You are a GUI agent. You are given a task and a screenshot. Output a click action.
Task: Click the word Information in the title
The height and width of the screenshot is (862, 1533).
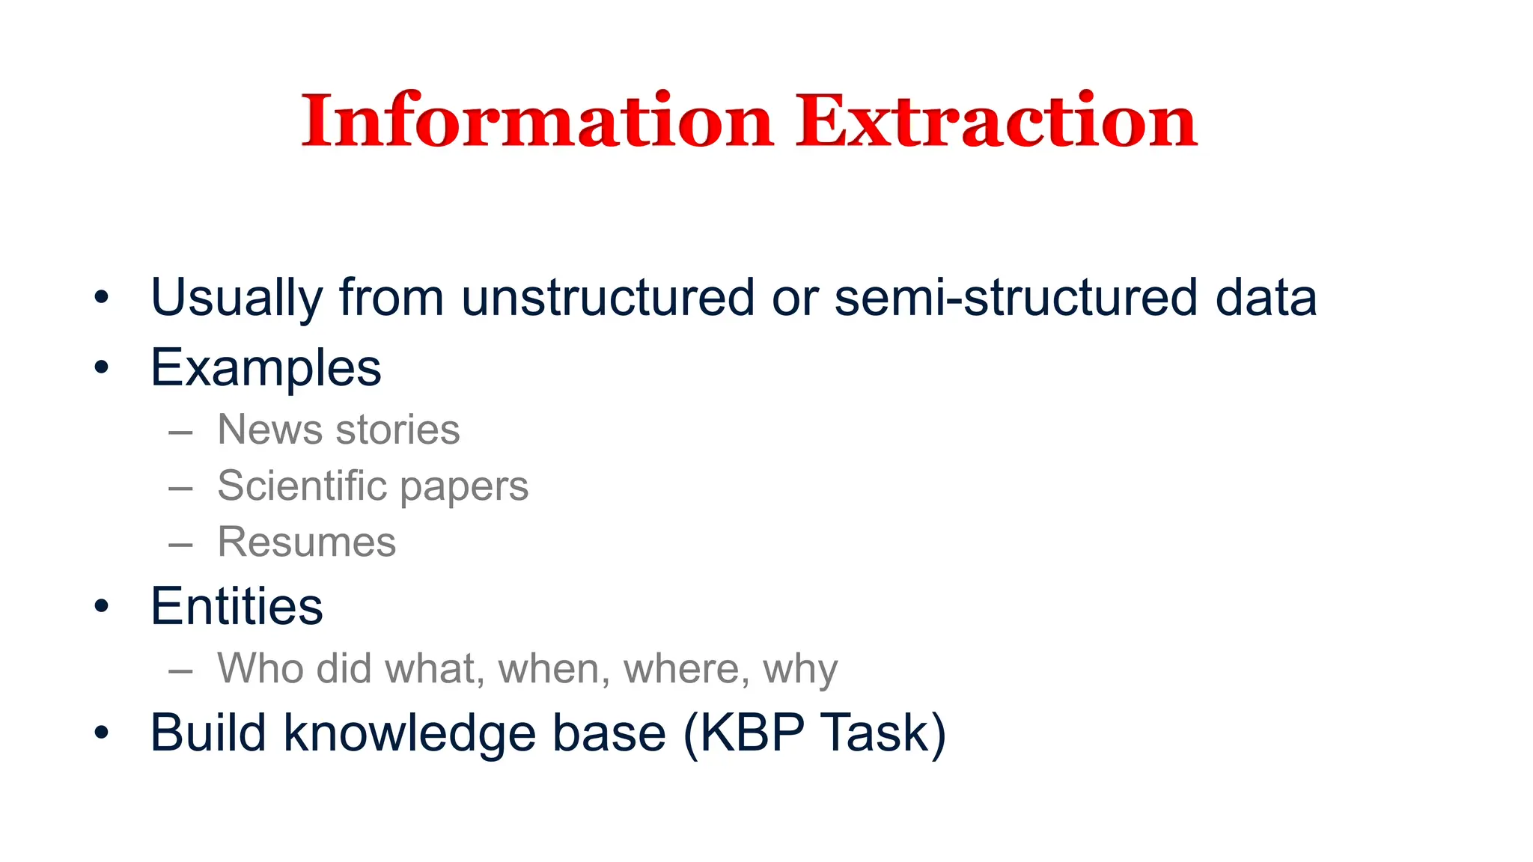536,121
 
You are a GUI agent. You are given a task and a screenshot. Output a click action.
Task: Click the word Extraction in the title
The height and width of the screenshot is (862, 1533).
996,121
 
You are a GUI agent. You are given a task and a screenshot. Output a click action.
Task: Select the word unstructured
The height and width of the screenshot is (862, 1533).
607,297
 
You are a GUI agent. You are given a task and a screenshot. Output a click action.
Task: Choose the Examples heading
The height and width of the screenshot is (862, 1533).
266,368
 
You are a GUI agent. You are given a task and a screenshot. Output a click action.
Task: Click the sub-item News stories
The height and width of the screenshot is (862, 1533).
338,430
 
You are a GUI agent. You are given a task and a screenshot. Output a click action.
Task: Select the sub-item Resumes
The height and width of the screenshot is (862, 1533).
306,542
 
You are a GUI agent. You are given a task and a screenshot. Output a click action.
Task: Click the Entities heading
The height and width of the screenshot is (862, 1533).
237,606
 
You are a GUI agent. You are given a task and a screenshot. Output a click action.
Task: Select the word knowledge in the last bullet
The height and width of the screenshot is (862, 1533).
409,733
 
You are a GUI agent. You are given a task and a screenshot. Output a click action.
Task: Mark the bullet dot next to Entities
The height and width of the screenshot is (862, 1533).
102,606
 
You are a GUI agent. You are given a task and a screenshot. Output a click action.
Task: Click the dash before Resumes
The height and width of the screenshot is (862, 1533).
180,544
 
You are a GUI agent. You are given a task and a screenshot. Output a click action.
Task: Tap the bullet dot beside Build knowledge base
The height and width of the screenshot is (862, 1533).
102,733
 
